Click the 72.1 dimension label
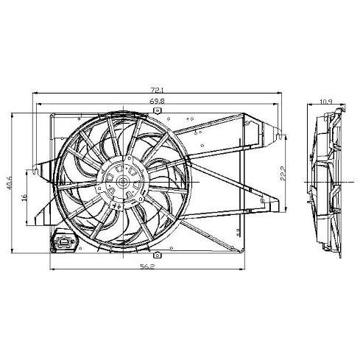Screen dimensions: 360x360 (x=158, y=90)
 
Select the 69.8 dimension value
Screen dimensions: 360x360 (x=157, y=101)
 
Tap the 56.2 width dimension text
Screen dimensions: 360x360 (x=147, y=267)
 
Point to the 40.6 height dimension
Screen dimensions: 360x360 (x=10, y=183)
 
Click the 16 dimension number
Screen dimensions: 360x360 (x=24, y=198)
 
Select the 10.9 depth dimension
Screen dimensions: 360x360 (x=326, y=101)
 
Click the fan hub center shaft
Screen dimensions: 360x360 (x=123, y=182)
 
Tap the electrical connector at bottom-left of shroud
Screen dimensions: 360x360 (x=63, y=241)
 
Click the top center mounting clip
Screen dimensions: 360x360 (x=157, y=110)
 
